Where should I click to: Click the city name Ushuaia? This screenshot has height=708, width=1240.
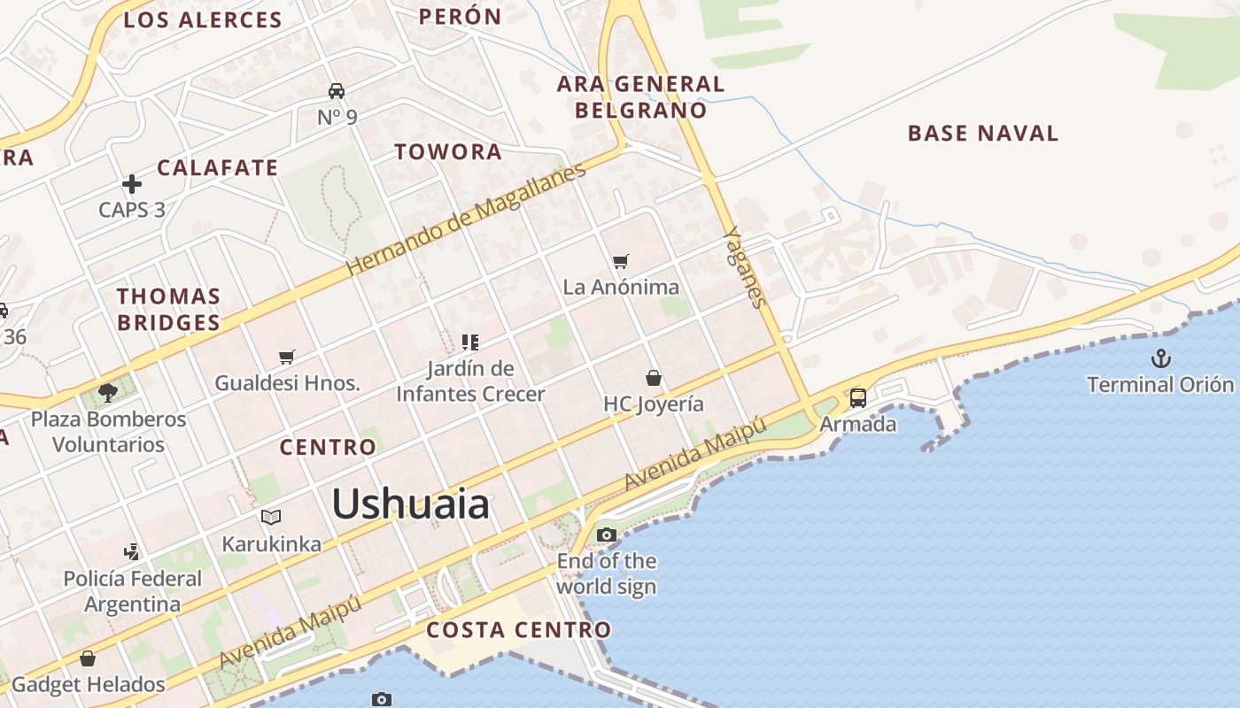click(410, 504)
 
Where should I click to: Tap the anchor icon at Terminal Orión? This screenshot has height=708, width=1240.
click(1159, 358)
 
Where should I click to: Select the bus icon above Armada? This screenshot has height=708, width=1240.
click(857, 398)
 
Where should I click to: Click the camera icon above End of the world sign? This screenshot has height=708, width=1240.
click(606, 535)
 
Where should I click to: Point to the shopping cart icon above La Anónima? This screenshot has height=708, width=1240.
click(621, 261)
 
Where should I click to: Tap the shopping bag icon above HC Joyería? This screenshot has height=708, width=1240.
click(654, 379)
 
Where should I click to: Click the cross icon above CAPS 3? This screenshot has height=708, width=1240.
click(132, 184)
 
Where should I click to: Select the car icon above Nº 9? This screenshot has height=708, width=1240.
click(337, 91)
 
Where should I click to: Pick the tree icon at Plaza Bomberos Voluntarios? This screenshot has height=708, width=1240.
click(108, 392)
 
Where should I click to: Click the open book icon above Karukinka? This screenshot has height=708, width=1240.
click(271, 517)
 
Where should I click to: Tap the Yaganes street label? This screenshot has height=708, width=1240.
click(745, 267)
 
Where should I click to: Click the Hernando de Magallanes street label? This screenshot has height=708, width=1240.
click(466, 219)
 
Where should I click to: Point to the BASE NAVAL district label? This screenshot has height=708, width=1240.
click(983, 134)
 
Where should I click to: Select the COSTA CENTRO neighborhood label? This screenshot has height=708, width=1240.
click(519, 630)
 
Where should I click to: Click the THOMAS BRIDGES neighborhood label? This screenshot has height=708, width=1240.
click(168, 309)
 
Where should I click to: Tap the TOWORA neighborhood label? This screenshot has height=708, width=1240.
click(448, 151)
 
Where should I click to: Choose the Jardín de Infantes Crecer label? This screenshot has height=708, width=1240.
click(470, 381)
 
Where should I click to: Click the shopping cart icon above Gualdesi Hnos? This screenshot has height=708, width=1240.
click(286, 358)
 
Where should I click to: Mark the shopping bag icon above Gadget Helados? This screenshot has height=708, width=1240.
click(88, 659)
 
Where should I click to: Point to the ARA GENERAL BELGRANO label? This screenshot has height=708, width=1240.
click(640, 97)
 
